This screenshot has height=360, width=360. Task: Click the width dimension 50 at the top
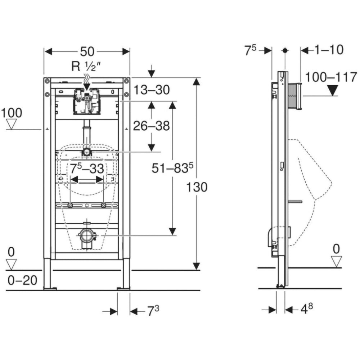point(87,51)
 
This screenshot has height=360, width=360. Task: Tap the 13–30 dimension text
point(152,90)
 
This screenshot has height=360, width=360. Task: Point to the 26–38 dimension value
point(151,126)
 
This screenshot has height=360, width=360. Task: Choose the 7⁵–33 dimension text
point(87,168)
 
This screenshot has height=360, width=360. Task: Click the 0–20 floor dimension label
point(22,280)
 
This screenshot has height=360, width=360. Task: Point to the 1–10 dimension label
point(329,50)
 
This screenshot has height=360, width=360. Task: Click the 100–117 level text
point(331,77)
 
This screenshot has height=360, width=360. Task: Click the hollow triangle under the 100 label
point(12,125)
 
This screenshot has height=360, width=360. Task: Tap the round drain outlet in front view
point(86,236)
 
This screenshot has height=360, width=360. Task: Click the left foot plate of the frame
point(50,288)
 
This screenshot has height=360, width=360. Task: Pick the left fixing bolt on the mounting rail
point(70,205)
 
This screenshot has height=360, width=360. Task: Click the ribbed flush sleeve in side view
point(294,95)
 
